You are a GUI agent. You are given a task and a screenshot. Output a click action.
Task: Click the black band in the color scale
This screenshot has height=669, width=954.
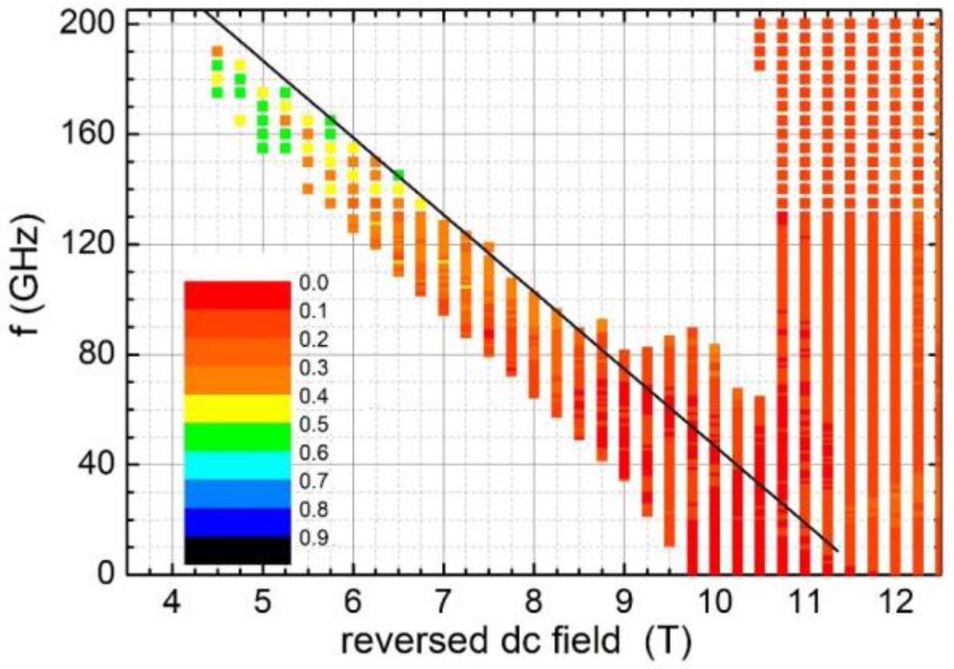click(237, 550)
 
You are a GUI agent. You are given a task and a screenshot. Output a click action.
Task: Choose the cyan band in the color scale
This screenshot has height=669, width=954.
click(237, 465)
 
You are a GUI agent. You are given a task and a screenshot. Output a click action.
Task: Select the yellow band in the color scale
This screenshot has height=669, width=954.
click(237, 408)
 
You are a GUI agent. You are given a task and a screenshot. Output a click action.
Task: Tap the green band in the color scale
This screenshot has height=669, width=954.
click(237, 437)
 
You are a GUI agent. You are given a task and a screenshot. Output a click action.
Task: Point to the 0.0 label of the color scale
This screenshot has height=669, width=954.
click(312, 282)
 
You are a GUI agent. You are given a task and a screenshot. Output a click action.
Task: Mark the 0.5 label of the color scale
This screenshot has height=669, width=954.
click(312, 424)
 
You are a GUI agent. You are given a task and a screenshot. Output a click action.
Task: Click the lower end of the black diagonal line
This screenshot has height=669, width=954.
click(836, 550)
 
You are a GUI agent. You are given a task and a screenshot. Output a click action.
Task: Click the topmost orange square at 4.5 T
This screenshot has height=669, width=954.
click(217, 52)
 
